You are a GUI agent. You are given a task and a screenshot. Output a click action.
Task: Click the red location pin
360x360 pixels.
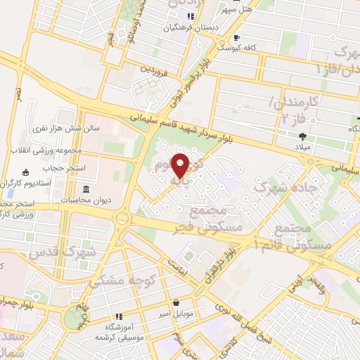(181, 165)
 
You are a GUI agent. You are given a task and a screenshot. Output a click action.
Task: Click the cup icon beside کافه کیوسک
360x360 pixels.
(237, 37)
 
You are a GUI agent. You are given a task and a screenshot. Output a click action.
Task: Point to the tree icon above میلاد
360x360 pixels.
(302, 136)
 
